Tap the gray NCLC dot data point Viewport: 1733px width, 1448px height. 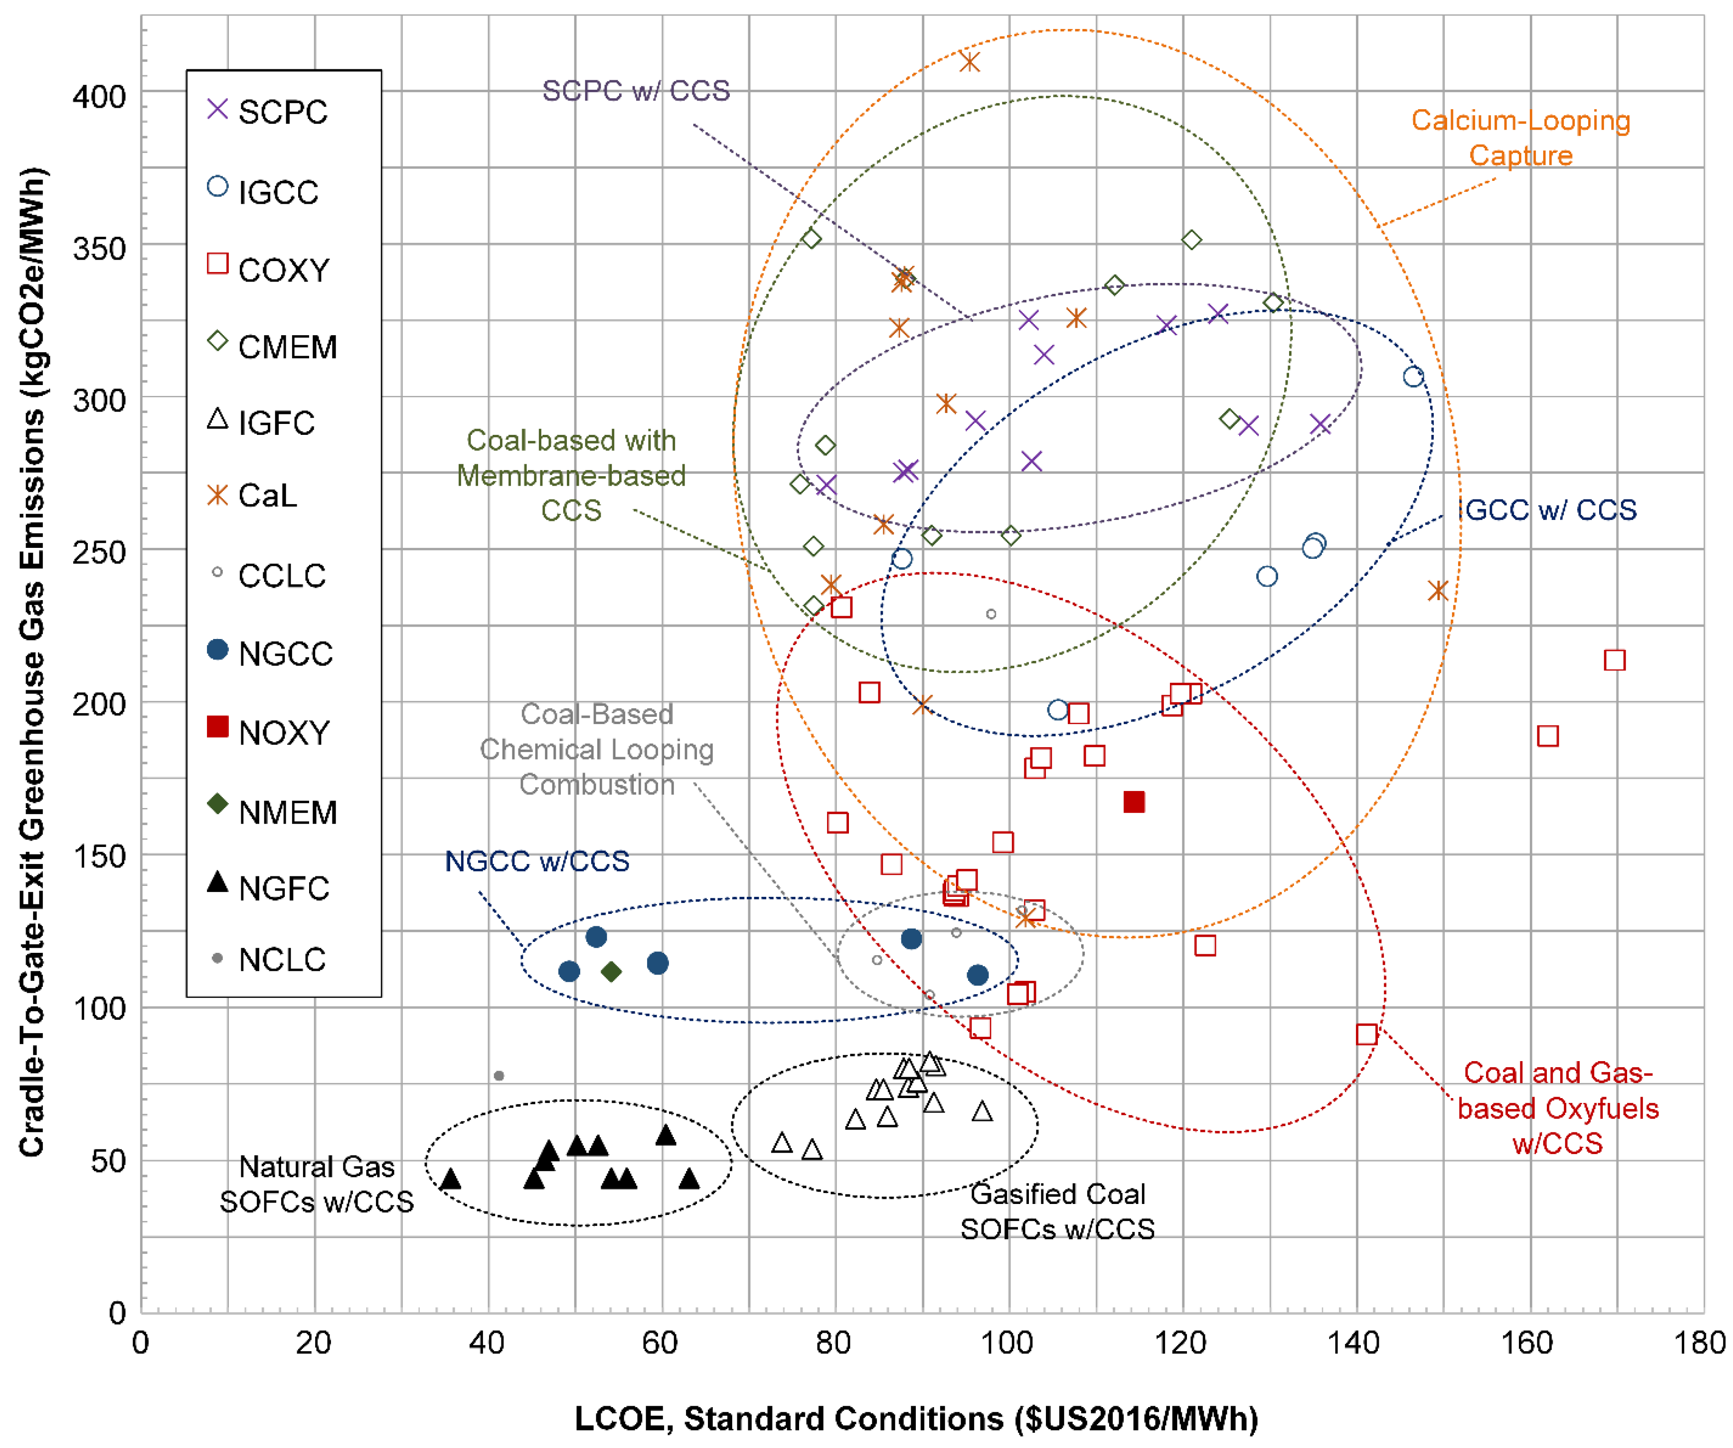click(x=499, y=1076)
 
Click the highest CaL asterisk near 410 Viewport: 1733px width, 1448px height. click(x=970, y=62)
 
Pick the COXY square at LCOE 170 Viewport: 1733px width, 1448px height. click(x=1615, y=660)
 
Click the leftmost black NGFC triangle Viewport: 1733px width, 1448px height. click(x=451, y=1178)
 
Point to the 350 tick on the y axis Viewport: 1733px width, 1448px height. click(x=99, y=248)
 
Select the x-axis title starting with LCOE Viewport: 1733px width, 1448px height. click(x=916, y=1419)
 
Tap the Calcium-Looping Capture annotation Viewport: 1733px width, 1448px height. click(x=1520, y=138)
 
